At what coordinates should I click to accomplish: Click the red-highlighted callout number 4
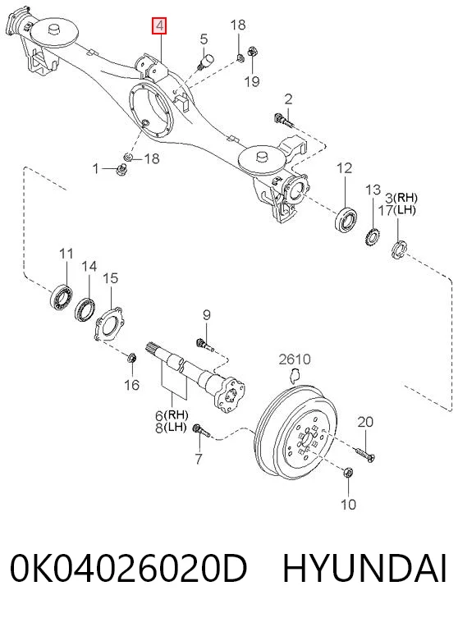point(159,26)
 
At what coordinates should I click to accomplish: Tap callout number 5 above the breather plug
point(204,39)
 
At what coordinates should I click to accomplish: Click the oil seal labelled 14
point(85,310)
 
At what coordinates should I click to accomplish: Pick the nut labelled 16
point(131,359)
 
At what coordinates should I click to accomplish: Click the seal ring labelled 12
point(346,219)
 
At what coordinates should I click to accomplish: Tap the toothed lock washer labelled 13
point(372,236)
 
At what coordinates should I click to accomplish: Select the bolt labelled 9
point(204,344)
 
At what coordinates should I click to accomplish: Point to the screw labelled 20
point(365,454)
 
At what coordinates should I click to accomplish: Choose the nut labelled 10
point(348,473)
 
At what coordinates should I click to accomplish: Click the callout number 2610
point(295,359)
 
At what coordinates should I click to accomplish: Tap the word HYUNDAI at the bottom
point(364,568)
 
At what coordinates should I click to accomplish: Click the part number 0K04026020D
point(128,568)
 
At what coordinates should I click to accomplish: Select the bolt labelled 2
point(283,120)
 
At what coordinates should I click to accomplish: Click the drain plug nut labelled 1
point(120,170)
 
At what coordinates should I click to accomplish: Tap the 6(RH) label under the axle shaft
point(172,415)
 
